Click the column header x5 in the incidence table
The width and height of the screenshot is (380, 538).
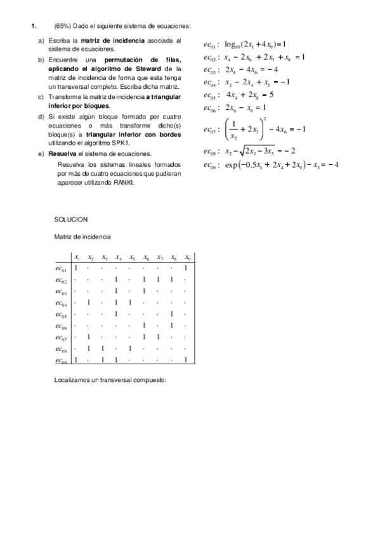pos(131,258)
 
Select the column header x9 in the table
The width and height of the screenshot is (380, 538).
pos(187,258)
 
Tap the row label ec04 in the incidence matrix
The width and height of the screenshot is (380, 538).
pos(62,303)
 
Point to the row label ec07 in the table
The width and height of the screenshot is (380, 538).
pos(62,338)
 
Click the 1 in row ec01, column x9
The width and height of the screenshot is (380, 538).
pos(186,268)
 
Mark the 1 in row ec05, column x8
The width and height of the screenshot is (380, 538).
pos(172,315)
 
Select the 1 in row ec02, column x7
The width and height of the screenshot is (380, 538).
pos(158,280)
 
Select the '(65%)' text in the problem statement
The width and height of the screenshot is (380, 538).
pos(63,26)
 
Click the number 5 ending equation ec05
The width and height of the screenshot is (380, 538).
pos(271,95)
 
